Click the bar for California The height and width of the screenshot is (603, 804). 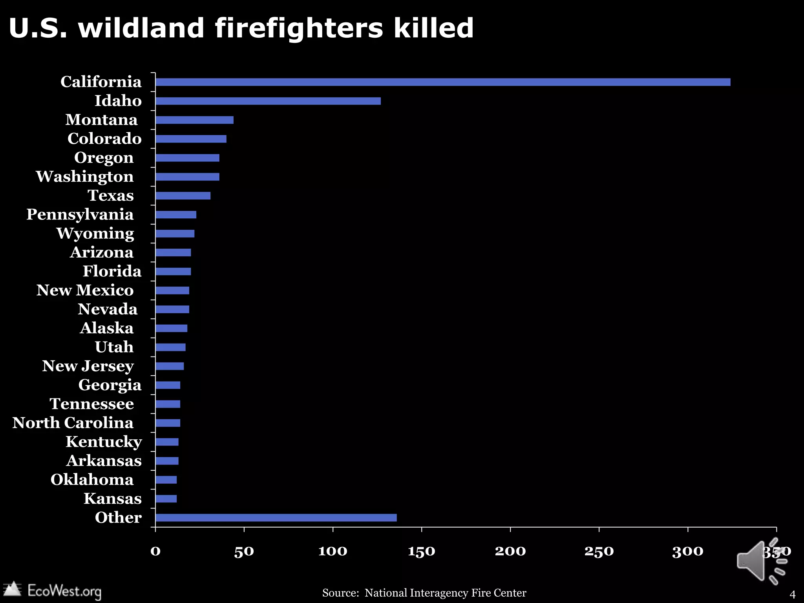443,82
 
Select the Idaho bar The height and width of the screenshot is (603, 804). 268,101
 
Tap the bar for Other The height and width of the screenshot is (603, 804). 276,517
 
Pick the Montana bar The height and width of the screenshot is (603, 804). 194,120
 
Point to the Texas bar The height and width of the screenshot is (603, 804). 183,196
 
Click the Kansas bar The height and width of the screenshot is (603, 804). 166,499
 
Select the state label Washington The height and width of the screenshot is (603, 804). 85,177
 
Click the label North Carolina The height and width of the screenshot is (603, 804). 73,423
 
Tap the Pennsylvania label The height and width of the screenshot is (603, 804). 80,214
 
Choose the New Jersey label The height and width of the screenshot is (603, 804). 88,366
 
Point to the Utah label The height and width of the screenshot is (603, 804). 114,347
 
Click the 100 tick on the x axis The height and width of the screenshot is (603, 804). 333,551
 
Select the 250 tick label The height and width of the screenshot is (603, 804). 599,551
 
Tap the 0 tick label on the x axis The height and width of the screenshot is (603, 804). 155,551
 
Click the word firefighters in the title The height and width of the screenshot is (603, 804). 299,28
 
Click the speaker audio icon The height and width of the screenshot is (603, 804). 760,561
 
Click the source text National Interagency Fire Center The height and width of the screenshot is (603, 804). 445,593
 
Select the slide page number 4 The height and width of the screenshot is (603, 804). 792,594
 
